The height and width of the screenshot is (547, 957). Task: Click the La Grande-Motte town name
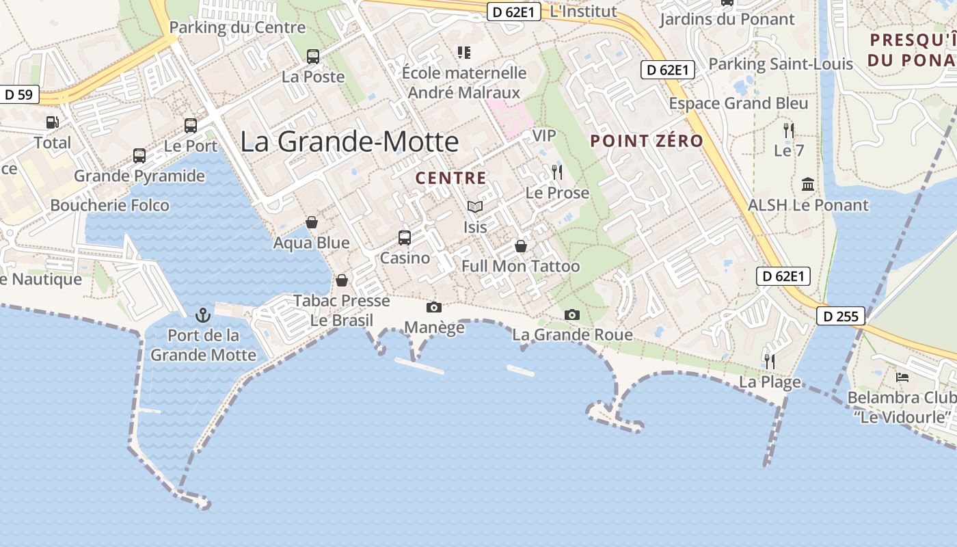click(349, 142)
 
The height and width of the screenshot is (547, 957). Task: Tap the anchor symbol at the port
click(202, 315)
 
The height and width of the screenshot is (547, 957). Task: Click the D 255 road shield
click(841, 316)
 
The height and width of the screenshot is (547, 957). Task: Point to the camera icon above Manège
click(433, 308)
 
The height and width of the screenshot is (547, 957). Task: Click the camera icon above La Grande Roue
click(572, 315)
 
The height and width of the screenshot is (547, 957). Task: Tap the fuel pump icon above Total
click(53, 122)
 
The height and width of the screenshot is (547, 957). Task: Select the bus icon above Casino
click(405, 238)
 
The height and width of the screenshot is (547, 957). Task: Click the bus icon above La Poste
click(313, 57)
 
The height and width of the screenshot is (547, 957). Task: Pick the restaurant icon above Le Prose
click(557, 172)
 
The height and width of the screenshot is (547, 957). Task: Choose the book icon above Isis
click(475, 206)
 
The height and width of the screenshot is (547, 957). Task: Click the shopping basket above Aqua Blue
click(312, 222)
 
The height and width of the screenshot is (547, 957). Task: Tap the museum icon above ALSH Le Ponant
click(808, 184)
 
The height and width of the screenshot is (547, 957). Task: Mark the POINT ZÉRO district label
click(647, 141)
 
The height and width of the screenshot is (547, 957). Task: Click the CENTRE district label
click(451, 178)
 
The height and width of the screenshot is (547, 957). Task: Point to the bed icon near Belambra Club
click(902, 377)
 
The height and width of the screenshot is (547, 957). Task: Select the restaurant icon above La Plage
click(770, 361)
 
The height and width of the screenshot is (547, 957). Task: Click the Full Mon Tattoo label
click(521, 266)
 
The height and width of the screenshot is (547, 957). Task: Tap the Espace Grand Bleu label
click(738, 104)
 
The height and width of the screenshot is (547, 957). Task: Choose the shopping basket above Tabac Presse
click(342, 280)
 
